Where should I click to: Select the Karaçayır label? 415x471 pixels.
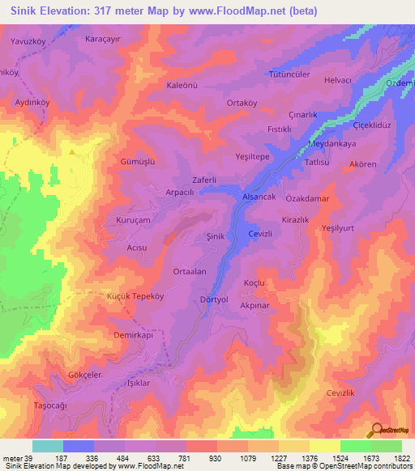[104, 38]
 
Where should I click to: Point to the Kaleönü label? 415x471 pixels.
[182, 86]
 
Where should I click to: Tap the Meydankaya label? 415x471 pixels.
[332, 144]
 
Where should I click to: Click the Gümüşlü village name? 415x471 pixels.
[137, 161]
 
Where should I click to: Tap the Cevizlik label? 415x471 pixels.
[341, 392]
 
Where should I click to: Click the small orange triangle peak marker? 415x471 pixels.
[72, 151]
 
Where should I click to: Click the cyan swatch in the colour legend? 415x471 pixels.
[47, 446]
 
